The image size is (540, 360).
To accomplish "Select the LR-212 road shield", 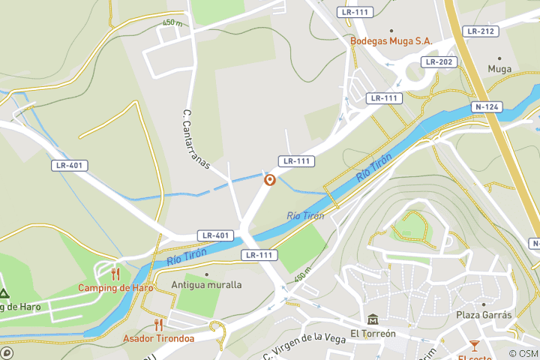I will [x=480, y=31].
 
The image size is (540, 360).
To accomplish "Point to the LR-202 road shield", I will [x=439, y=61].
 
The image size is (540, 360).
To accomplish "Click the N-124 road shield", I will [x=487, y=107].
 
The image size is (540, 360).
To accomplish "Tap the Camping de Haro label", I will [x=115, y=288].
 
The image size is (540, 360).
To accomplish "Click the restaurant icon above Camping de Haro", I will [x=115, y=274].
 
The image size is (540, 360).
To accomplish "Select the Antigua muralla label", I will [x=206, y=285].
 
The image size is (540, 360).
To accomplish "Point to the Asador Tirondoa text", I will [x=158, y=338].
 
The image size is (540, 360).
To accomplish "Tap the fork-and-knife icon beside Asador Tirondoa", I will [x=158, y=324].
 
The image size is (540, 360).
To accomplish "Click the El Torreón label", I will [x=373, y=334].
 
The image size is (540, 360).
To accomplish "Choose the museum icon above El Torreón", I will [x=373, y=319].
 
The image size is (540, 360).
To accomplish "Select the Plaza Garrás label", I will [x=484, y=315].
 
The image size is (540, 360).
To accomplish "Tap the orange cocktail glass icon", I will [x=474, y=345].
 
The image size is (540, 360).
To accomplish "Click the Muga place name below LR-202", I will [x=499, y=69].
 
